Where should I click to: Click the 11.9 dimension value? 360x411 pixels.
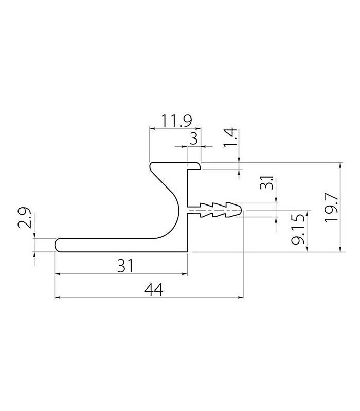pos(176,120)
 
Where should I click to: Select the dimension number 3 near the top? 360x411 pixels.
pos(194,138)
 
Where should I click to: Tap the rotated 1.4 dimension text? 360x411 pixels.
pos(230,138)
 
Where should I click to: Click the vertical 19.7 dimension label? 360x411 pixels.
pos(331,208)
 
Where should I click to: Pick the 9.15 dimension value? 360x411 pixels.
pos(298,229)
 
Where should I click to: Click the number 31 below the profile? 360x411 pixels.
pos(125,266)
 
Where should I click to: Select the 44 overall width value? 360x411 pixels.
pos(153,290)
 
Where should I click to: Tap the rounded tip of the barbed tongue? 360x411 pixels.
pos(241,210)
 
